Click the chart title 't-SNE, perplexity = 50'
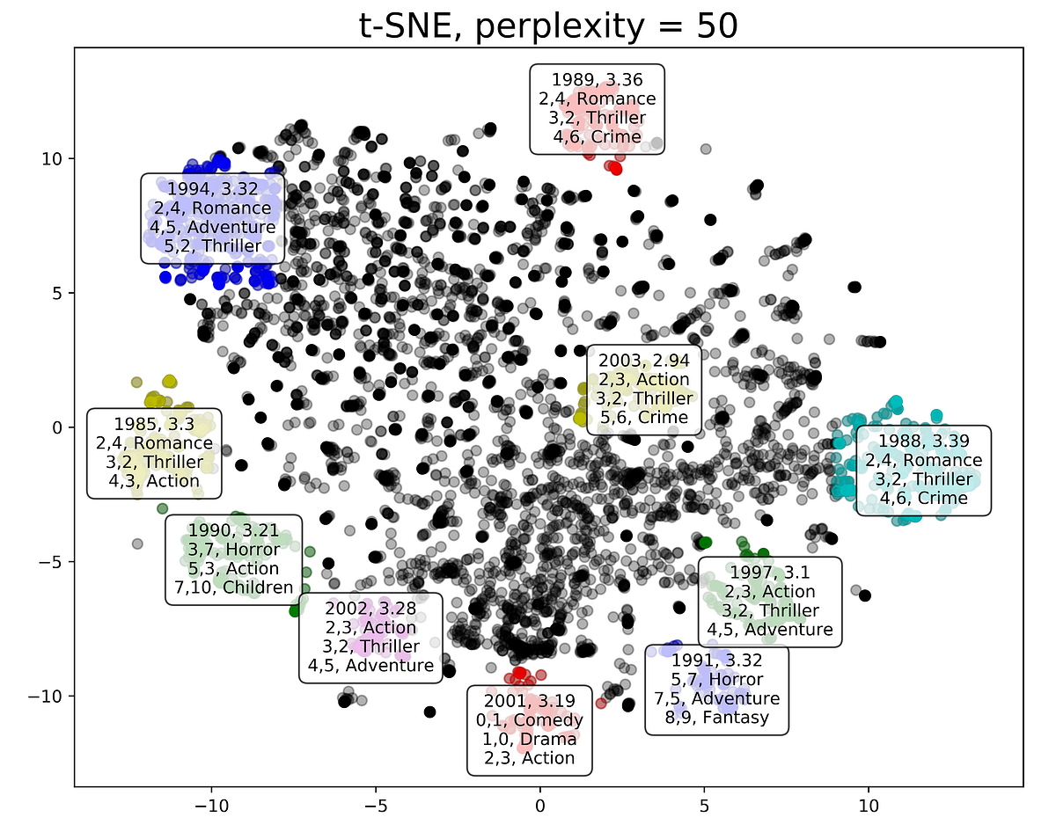(548, 26)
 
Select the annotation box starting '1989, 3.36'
(597, 108)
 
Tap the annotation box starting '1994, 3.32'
(213, 217)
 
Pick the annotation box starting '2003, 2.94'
(643, 388)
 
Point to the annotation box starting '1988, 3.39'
(923, 470)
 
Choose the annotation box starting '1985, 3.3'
(154, 453)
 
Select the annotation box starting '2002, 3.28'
(370, 637)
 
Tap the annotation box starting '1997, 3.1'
(769, 602)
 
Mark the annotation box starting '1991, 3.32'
(716, 690)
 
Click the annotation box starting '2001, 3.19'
(529, 729)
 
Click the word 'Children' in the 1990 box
(258, 588)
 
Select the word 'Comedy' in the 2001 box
(547, 720)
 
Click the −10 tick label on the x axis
(211, 806)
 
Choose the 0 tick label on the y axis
(61, 427)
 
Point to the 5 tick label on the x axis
(704, 806)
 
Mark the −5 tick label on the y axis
(55, 562)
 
